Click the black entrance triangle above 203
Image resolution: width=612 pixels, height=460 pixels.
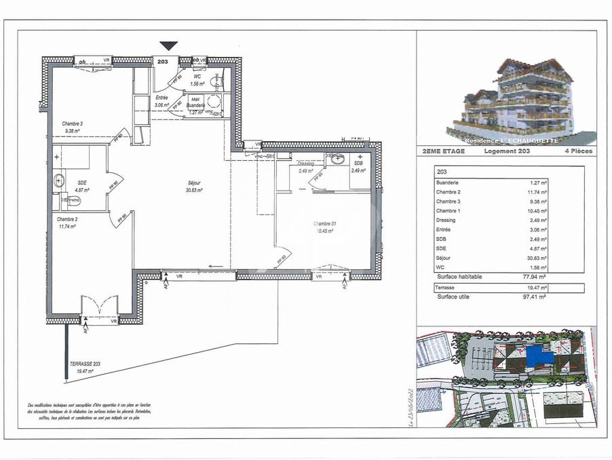click(168, 45)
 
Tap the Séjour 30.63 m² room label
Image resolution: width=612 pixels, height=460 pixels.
click(195, 187)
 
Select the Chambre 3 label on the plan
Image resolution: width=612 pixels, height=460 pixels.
click(73, 127)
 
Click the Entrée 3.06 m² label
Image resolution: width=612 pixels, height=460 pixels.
click(161, 102)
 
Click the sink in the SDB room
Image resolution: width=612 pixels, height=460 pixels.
click(337, 159)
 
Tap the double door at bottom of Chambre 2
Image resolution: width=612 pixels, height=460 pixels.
click(100, 306)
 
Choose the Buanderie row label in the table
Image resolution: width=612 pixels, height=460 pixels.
click(448, 183)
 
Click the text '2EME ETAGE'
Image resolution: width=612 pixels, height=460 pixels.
click(444, 151)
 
